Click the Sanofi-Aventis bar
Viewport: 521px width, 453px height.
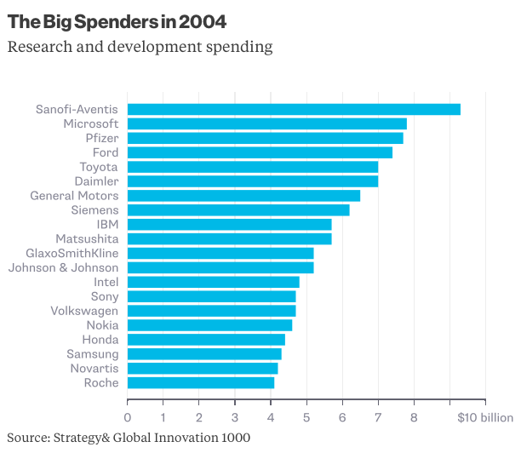click(x=294, y=109)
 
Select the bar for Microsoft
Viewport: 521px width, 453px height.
click(x=267, y=123)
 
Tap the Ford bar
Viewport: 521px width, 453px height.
click(x=260, y=152)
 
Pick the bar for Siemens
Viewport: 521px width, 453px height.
click(x=238, y=209)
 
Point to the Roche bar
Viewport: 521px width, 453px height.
click(x=201, y=383)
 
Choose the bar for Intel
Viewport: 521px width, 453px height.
click(x=214, y=282)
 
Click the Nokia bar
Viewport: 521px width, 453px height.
click(x=209, y=325)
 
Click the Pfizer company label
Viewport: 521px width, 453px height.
click(x=102, y=138)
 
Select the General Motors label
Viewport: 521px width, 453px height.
click(x=74, y=196)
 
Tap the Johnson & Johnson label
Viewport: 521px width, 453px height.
click(x=64, y=267)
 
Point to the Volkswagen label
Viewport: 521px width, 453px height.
click(x=83, y=311)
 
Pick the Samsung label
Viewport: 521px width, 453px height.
click(x=93, y=354)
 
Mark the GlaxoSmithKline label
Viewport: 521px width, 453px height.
click(x=72, y=253)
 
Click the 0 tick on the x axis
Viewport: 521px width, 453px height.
click(x=128, y=417)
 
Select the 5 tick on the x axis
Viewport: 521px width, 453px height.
click(x=306, y=417)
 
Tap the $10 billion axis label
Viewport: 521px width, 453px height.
click(x=485, y=417)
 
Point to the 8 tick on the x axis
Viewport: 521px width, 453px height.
click(x=414, y=417)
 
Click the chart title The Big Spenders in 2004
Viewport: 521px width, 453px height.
click(x=117, y=19)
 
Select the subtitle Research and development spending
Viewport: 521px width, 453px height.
click(x=140, y=46)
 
